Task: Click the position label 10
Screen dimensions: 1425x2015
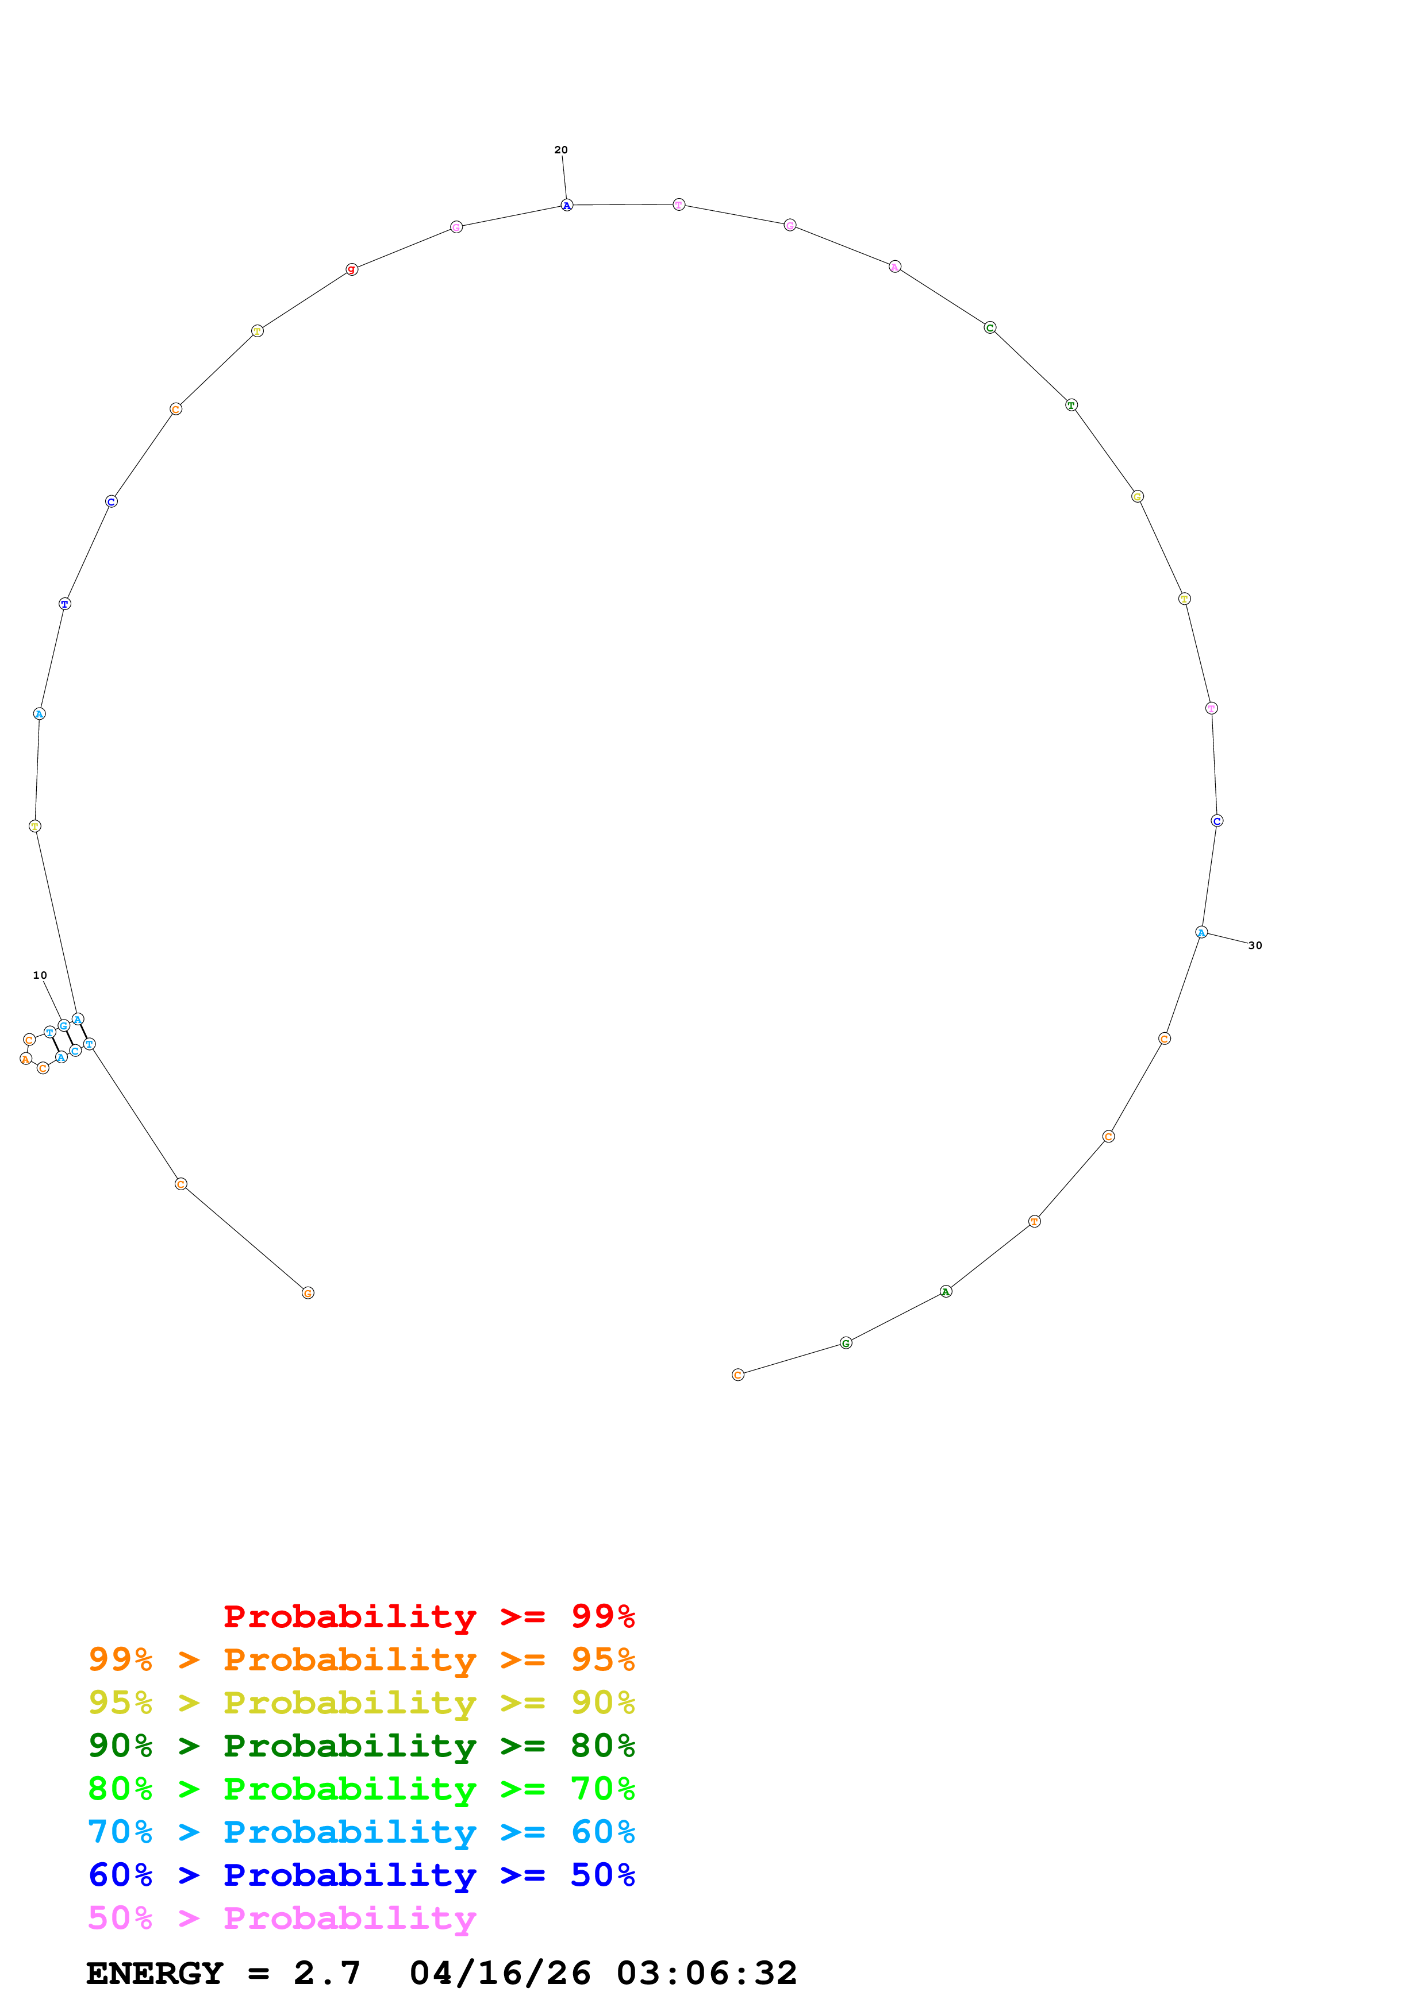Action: (x=40, y=975)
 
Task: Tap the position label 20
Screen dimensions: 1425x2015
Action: (x=560, y=150)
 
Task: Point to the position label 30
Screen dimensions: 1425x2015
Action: (x=1255, y=945)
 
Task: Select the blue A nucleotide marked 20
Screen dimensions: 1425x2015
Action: (x=566, y=206)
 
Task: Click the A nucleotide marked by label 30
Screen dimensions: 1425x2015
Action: (x=1201, y=932)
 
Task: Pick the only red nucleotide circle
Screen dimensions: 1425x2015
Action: (x=351, y=269)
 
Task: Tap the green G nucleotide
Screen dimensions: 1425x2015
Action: (x=846, y=1343)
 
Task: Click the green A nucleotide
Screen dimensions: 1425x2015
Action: (x=946, y=1291)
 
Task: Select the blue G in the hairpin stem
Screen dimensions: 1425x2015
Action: (x=63, y=1026)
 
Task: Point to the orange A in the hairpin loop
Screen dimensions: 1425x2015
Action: (x=25, y=1059)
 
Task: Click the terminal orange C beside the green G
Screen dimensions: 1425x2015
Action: (x=738, y=1375)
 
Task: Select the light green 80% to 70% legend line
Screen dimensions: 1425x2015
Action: (x=361, y=1789)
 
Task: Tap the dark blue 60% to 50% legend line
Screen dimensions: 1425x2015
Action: (x=361, y=1875)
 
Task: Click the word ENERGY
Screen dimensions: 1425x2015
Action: (x=155, y=1974)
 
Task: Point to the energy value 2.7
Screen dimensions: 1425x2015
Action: (x=327, y=1974)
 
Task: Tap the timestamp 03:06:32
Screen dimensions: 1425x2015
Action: (x=707, y=1974)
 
